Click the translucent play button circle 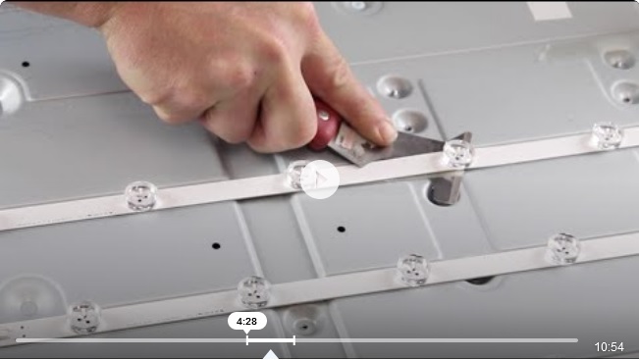click(x=320, y=180)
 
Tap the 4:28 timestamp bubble click(x=247, y=322)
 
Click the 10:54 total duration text click(x=609, y=347)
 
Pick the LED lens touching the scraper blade click(x=458, y=153)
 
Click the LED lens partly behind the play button click(x=295, y=175)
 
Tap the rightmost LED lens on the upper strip click(x=607, y=135)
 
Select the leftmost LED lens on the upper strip click(x=141, y=196)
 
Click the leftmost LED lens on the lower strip click(x=84, y=317)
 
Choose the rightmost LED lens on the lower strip click(x=563, y=248)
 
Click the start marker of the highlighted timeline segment click(x=247, y=340)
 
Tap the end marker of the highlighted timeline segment click(x=294, y=340)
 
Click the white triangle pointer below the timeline click(x=271, y=354)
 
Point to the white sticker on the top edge click(x=549, y=10)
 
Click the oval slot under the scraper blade click(x=444, y=192)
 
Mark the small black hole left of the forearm click(x=26, y=64)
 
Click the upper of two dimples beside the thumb click(x=395, y=86)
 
